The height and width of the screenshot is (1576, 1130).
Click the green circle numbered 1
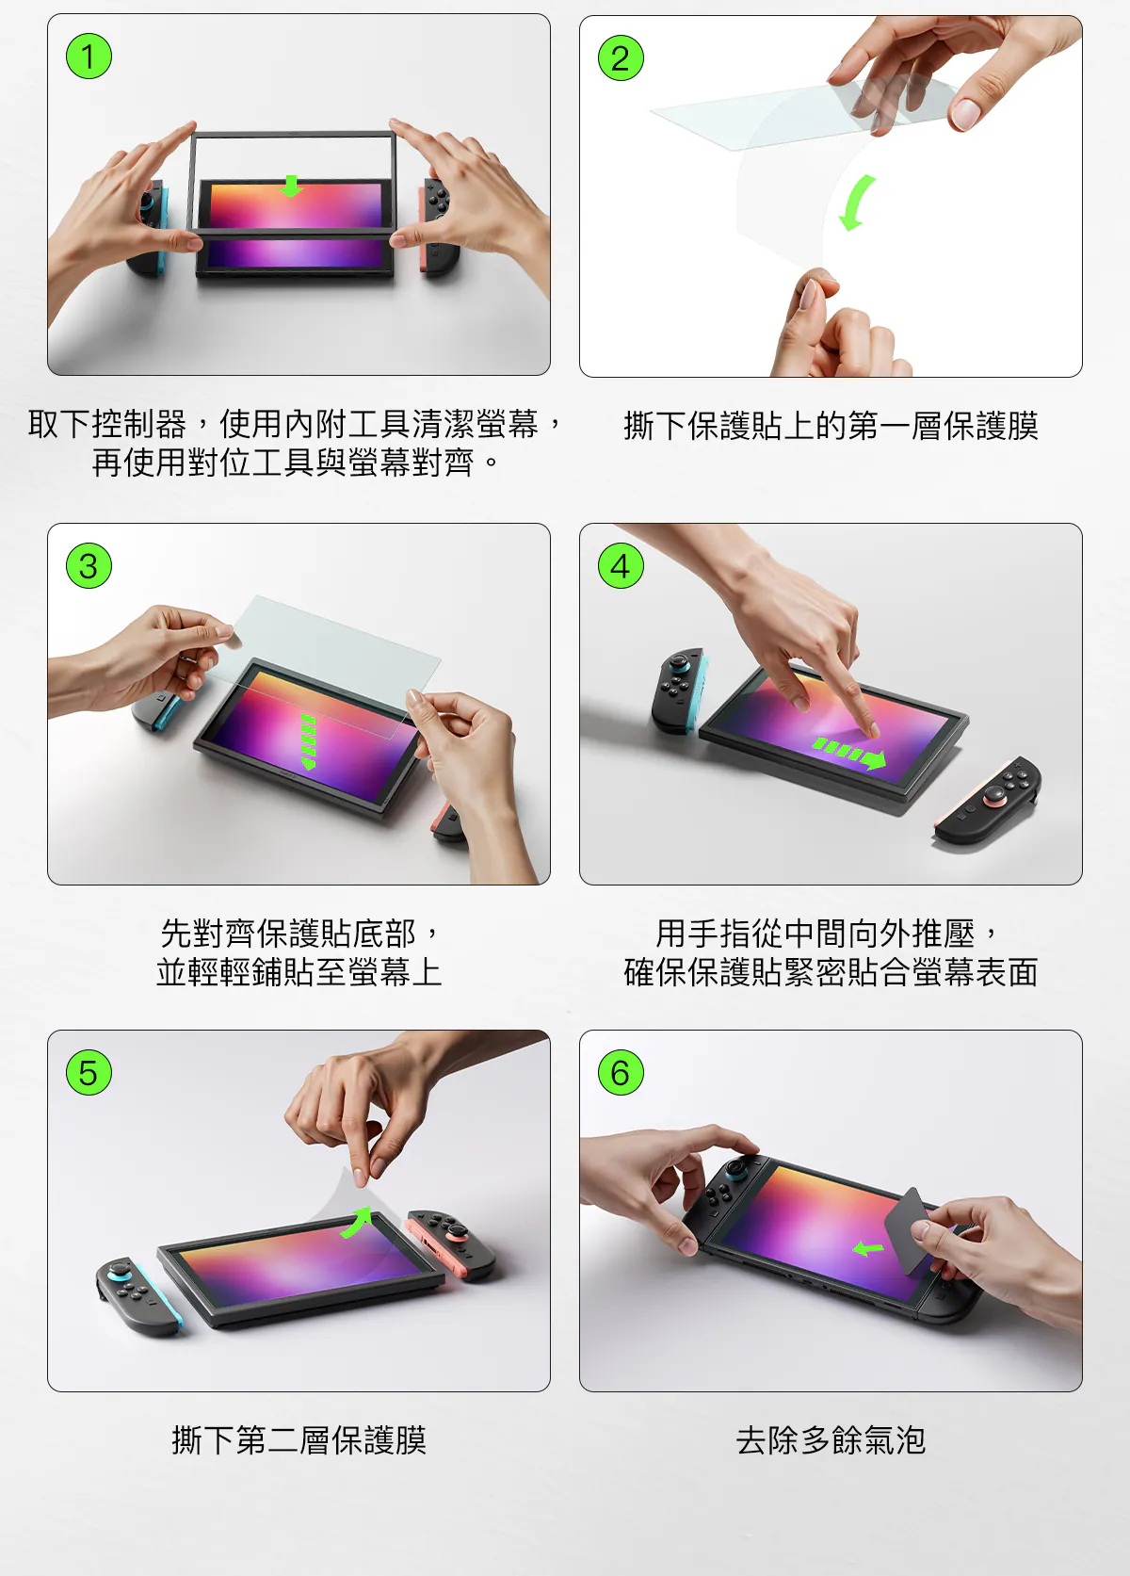pos(89,57)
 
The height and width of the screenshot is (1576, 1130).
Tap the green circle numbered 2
pos(621,57)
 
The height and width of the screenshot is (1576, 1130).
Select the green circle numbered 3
pos(89,565)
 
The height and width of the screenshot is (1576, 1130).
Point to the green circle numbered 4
pos(621,565)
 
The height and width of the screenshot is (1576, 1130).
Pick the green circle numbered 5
pos(89,1072)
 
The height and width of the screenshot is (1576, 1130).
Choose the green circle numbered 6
pos(621,1072)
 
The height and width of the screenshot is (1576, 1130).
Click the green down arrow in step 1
pos(290,187)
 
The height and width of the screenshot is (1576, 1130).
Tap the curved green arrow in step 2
pos(857,203)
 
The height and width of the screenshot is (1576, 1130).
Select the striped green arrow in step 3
pos(308,741)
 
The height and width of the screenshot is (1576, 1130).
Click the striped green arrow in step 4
pos(849,754)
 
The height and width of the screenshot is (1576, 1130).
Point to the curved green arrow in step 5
pos(357,1222)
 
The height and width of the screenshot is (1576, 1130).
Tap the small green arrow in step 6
pos(868,1249)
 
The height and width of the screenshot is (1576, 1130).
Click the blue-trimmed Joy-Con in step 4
pos(679,690)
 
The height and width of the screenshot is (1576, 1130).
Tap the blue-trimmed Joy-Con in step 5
pos(138,1296)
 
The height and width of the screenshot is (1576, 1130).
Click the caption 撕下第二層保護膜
pos(299,1440)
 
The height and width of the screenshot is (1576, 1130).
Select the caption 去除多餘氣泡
pos(831,1440)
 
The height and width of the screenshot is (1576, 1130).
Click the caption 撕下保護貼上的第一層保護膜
pos(831,426)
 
